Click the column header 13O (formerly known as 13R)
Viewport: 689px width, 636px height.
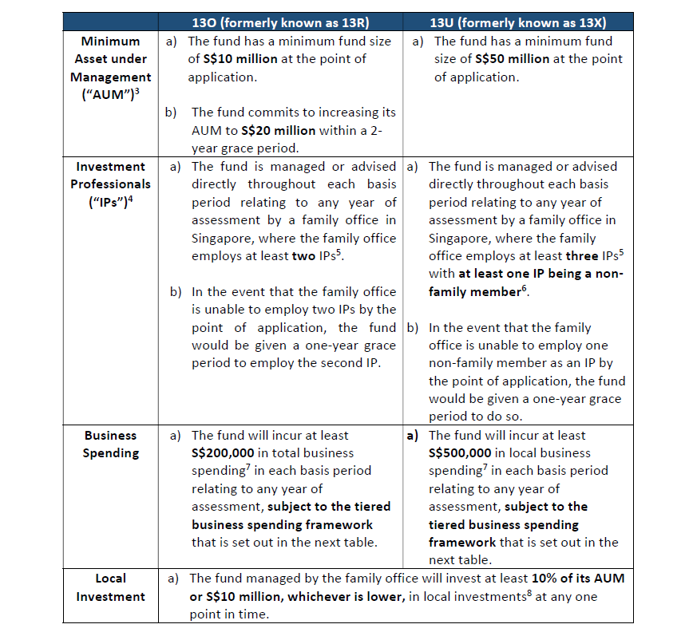click(281, 21)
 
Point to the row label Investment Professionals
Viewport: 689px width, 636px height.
click(110, 184)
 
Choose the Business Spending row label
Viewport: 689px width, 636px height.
click(110, 444)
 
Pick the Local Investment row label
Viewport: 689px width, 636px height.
click(110, 587)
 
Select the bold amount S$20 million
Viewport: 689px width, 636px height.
click(279, 130)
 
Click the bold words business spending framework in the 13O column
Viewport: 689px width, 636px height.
click(282, 524)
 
